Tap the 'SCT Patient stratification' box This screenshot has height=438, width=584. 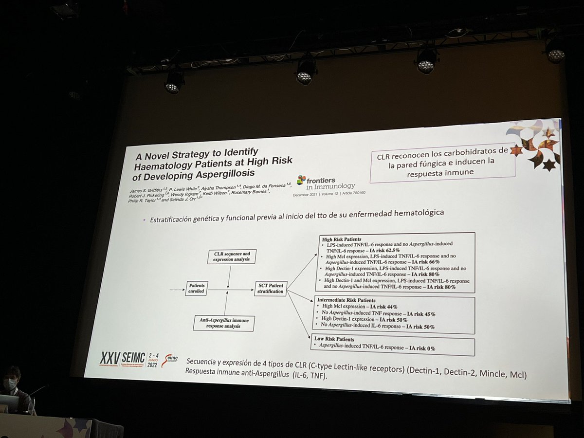pos(271,288)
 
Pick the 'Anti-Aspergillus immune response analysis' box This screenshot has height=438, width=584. pos(223,323)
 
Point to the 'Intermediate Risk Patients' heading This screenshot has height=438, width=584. pos(347,300)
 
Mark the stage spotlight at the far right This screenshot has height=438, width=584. pos(554,51)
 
